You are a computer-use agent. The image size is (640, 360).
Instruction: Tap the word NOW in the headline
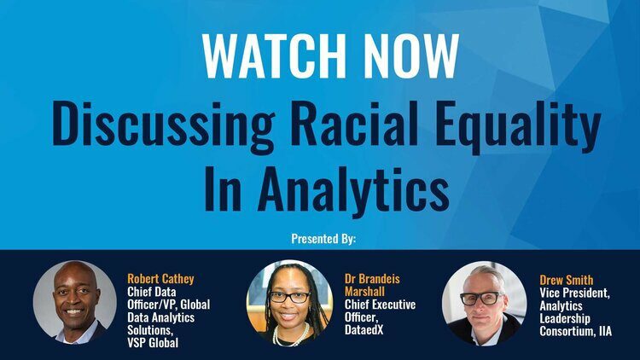406,56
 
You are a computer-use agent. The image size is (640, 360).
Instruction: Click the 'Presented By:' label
323,239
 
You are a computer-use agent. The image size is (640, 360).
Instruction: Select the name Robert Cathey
160,279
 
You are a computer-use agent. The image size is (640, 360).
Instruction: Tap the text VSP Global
153,342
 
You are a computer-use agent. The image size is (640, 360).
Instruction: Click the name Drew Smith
566,280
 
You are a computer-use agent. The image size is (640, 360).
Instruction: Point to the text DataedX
364,329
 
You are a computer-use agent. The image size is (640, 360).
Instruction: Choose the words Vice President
574,293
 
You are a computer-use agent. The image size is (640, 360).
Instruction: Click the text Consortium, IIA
575,331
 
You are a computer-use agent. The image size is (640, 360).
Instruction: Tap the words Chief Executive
380,305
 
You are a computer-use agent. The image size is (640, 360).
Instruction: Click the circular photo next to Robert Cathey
75,303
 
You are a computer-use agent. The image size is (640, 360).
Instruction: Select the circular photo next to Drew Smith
484,304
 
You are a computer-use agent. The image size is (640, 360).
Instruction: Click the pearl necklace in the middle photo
290,334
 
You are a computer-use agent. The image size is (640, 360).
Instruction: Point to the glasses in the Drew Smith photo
481,298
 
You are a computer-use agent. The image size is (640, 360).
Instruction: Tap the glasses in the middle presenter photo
289,297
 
